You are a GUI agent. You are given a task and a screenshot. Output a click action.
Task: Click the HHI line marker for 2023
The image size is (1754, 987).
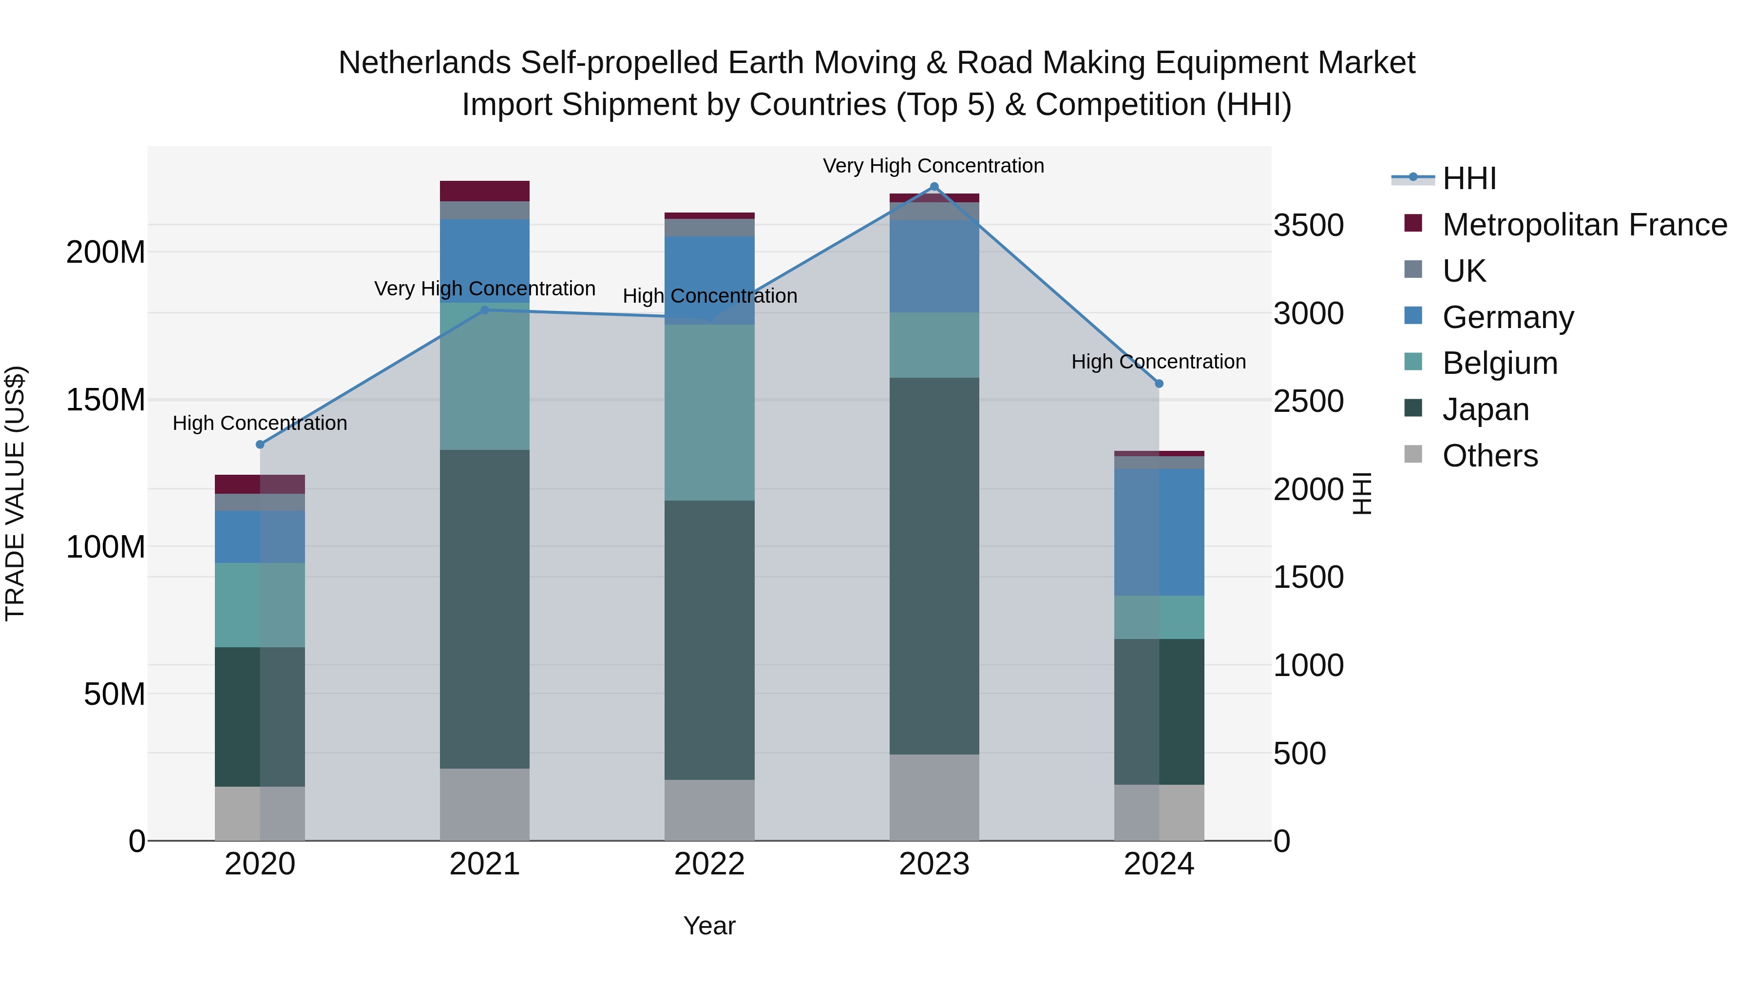click(934, 187)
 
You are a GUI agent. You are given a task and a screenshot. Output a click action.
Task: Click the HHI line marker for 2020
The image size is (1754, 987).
click(260, 445)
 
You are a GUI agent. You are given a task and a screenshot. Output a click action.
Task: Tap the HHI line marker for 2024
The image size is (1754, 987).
click(1160, 384)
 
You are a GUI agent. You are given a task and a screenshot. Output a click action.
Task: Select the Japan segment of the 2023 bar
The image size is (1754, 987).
click(934, 565)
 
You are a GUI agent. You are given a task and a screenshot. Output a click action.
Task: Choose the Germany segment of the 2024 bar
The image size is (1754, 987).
click(1160, 532)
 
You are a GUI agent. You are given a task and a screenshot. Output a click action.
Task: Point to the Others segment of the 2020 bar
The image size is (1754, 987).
click(260, 813)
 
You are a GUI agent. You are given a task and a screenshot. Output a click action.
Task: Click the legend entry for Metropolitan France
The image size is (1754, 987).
click(1584, 225)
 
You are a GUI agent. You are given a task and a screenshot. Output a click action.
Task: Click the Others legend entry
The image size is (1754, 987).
click(1490, 456)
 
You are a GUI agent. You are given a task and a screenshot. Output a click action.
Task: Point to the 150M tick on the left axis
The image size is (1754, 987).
click(106, 400)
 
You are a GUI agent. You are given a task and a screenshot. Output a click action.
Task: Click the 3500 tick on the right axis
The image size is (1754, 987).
click(1308, 226)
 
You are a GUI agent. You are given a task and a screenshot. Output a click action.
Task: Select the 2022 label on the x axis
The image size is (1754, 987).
click(709, 864)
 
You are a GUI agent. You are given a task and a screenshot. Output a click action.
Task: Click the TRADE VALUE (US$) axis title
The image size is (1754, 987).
click(16, 493)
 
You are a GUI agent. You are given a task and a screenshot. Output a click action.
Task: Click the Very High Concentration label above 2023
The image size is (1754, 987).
click(934, 166)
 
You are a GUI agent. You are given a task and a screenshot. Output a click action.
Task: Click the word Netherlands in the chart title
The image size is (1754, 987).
click(425, 63)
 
